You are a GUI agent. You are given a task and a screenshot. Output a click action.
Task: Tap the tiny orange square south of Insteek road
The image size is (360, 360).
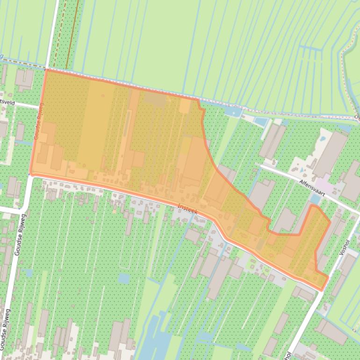coord(114,211)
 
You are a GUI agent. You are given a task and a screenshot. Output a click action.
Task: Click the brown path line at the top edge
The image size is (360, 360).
coord(71,33)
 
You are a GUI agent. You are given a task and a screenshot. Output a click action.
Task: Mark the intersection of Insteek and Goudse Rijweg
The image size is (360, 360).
coord(32,175)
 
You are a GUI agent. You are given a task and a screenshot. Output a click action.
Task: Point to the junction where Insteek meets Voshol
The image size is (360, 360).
coord(322,291)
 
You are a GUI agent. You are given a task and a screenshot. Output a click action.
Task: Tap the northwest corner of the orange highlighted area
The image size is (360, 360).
coord(46,70)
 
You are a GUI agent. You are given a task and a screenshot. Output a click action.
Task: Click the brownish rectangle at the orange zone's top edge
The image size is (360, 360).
coord(154,99)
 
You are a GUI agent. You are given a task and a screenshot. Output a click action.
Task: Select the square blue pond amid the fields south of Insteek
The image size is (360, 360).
coord(123,279)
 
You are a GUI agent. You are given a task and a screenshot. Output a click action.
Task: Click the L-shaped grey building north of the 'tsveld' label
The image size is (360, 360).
coord(24,79)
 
